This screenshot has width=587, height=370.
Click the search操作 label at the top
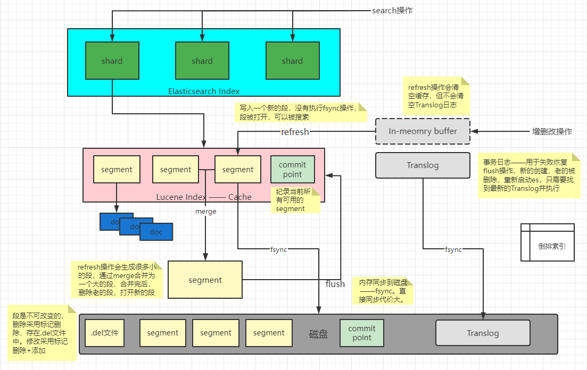[x=392, y=11]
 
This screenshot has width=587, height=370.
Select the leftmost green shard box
[x=112, y=61]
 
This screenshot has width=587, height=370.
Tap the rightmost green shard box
[x=292, y=61]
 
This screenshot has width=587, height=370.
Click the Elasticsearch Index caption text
[x=204, y=91]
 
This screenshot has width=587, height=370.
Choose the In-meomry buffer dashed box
[x=423, y=131]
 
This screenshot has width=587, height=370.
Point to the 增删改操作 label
[x=552, y=131]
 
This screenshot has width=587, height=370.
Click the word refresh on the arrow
[x=295, y=132]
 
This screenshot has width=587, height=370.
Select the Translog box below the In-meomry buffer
[x=423, y=165]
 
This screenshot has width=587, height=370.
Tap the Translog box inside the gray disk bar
[x=483, y=333]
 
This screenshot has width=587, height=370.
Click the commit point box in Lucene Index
[x=293, y=170]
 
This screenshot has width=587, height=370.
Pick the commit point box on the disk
[x=362, y=333]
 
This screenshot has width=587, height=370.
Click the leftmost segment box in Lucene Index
[x=117, y=170]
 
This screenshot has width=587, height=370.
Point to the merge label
[x=206, y=211]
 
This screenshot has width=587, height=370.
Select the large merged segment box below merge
[x=205, y=280]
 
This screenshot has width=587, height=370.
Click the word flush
[x=335, y=284]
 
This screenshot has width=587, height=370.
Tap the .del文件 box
[x=104, y=333]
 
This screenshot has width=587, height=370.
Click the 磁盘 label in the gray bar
[x=318, y=334]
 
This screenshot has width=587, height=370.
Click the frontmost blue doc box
[x=156, y=232]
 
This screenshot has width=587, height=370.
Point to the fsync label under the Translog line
[x=453, y=249]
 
